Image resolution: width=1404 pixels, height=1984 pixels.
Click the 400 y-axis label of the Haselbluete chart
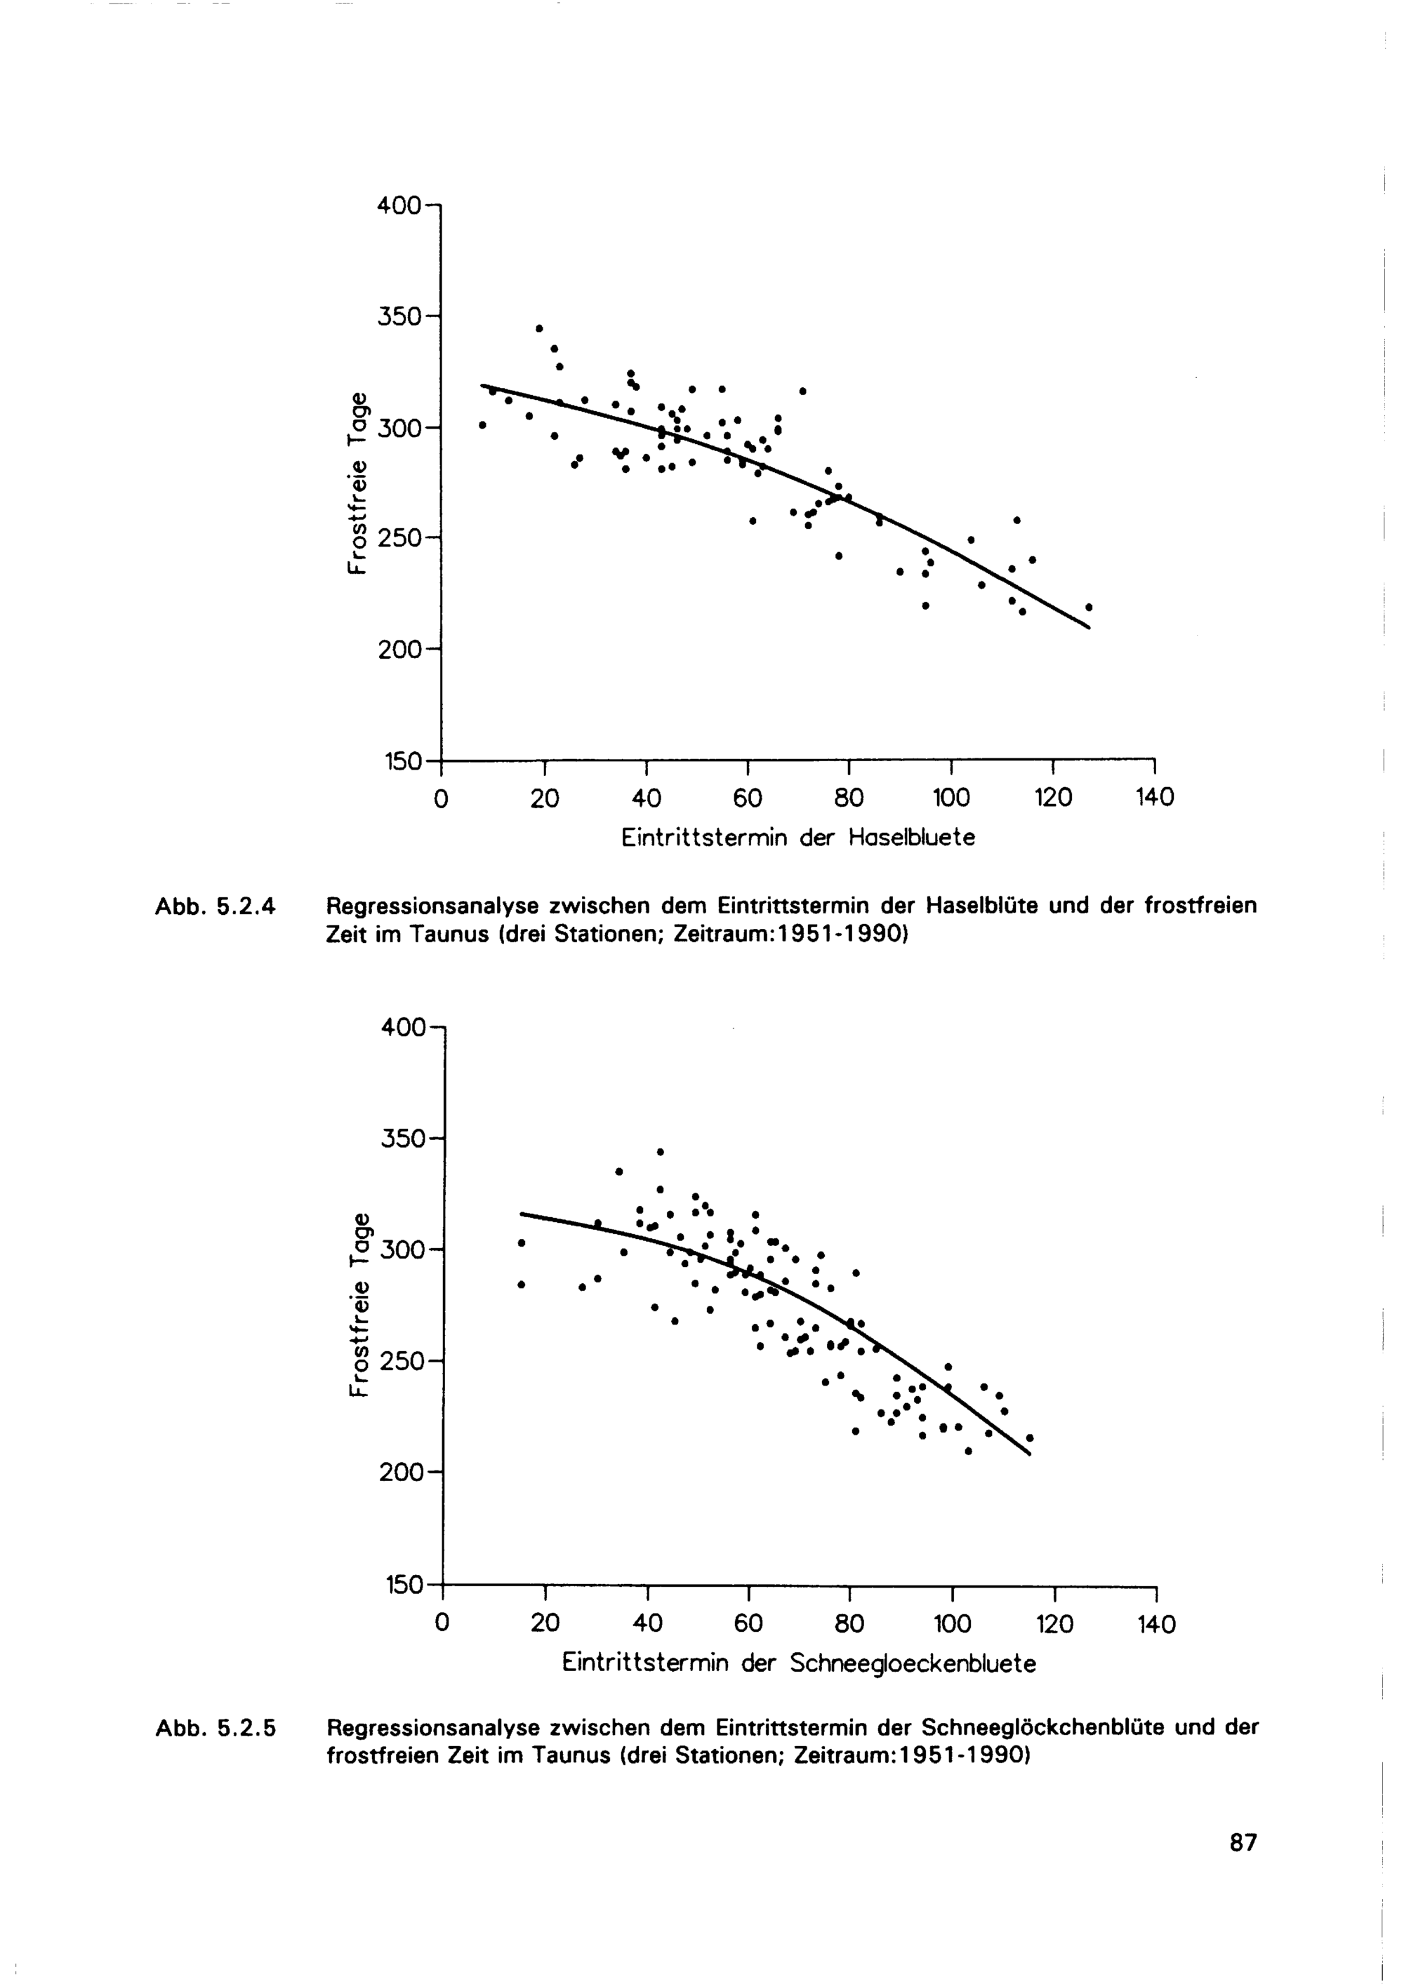399,206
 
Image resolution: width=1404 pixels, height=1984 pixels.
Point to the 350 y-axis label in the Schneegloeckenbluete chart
402,1139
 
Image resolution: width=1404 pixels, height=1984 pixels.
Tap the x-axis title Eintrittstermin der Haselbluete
798,838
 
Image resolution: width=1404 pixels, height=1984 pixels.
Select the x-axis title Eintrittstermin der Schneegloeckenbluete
799,1663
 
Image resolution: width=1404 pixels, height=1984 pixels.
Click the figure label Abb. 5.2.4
214,906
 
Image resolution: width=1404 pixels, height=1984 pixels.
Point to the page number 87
1243,1866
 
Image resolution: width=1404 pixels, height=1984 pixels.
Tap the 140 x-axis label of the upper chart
1154,798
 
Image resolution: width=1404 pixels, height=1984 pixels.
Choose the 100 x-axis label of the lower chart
952,1625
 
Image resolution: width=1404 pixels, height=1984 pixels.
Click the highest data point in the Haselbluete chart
539,328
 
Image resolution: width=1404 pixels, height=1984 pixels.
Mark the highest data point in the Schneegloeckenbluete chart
661,1152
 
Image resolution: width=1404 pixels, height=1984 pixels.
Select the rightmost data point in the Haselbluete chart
1088,607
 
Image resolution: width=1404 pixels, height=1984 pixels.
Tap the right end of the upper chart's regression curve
1090,628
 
